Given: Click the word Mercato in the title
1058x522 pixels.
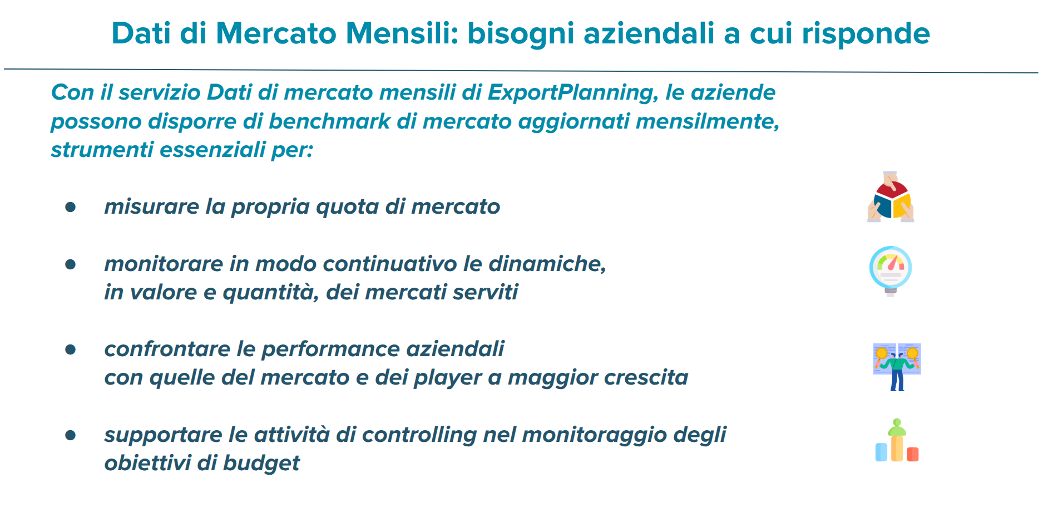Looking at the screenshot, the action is [276, 33].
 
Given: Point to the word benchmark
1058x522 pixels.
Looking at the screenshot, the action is [329, 121].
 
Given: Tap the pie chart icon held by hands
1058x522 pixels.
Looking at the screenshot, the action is [891, 197].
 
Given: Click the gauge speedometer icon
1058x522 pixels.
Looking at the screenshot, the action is [890, 271].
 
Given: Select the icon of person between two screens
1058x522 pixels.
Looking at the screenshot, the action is [897, 367].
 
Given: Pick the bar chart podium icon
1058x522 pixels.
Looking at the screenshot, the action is [897, 440].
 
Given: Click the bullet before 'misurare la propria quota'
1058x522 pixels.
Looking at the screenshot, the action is [70, 207].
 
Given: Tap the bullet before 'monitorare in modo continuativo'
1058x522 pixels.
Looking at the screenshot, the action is [70, 264].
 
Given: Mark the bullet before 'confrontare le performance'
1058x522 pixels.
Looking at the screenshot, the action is [70, 349].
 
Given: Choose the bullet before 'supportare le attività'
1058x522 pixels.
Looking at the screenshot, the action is [70, 435].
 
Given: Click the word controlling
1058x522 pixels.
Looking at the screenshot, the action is [419, 435].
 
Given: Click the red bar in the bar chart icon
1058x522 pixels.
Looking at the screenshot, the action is [913, 455].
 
